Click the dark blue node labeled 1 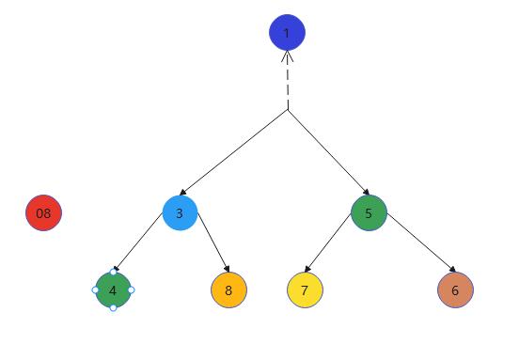[x=287, y=34]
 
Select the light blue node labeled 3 [x=180, y=213]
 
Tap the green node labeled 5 [x=369, y=212]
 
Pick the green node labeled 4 [x=113, y=290]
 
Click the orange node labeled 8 [x=228, y=290]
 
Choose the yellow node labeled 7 [x=305, y=290]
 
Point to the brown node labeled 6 [x=455, y=290]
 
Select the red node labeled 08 [x=43, y=213]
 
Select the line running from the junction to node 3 [x=235, y=151]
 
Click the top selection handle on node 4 [x=113, y=273]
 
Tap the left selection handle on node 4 [x=95, y=290]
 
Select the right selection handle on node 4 [x=131, y=290]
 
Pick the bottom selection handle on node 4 [x=113, y=308]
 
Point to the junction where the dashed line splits [x=287, y=111]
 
